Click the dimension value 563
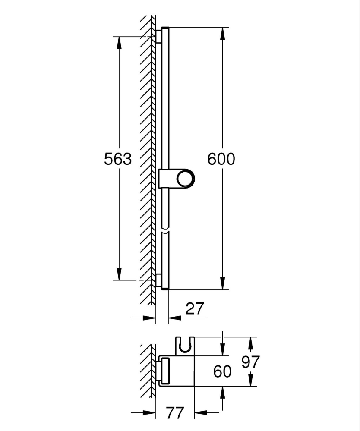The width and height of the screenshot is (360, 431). pyautogui.click(x=118, y=159)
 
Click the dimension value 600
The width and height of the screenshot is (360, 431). pyautogui.click(x=221, y=159)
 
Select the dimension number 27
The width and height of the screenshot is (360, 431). pyautogui.click(x=195, y=309)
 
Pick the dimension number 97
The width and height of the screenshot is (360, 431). pyautogui.click(x=250, y=362)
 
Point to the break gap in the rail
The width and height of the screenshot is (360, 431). pyautogui.click(x=166, y=230)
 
